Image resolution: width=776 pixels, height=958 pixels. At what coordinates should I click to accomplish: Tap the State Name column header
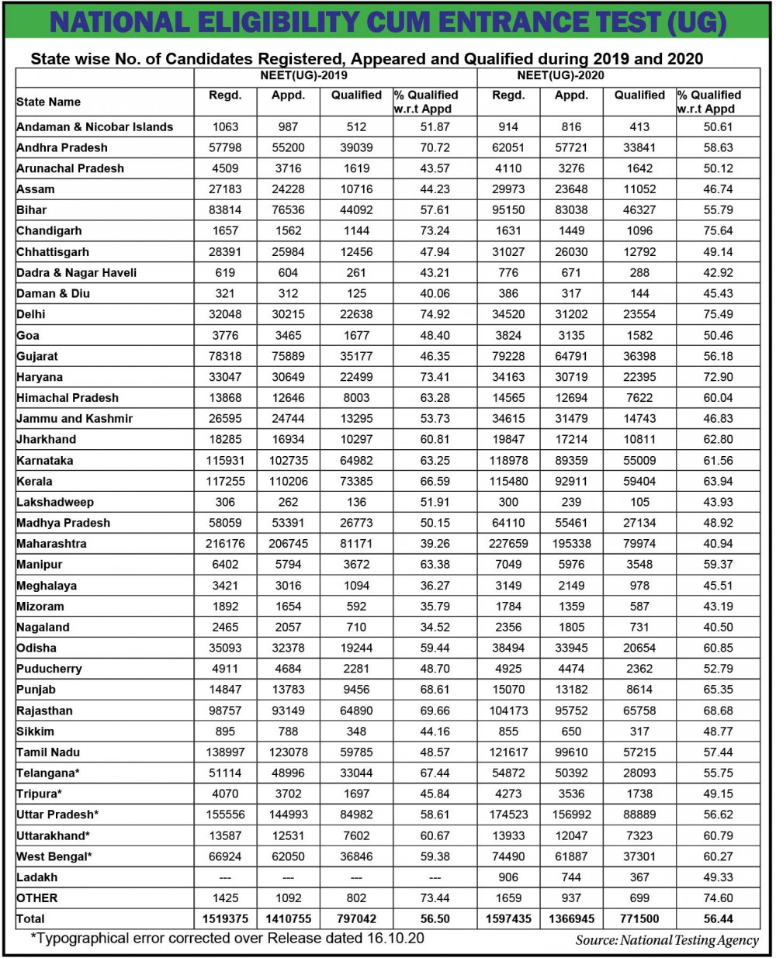point(49,102)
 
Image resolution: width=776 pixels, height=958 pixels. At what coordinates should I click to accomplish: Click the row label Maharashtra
point(51,544)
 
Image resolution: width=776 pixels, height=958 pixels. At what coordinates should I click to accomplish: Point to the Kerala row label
point(35,481)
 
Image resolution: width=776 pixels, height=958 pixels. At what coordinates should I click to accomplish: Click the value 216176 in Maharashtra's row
point(225,544)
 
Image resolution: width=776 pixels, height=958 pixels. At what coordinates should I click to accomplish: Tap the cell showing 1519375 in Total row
point(225,918)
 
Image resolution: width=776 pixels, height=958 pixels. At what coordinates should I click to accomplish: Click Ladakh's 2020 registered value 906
point(508,877)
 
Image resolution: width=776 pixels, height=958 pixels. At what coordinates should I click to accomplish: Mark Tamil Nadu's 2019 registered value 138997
point(225,752)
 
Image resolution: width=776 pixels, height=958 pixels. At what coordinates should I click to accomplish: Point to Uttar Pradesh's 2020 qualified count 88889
point(639,814)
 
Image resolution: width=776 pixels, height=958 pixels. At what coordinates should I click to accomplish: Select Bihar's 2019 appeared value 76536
point(289,210)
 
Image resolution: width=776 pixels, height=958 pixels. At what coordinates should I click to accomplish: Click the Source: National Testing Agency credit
point(667,940)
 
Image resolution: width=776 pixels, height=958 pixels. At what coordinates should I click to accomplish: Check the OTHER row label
point(37,897)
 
